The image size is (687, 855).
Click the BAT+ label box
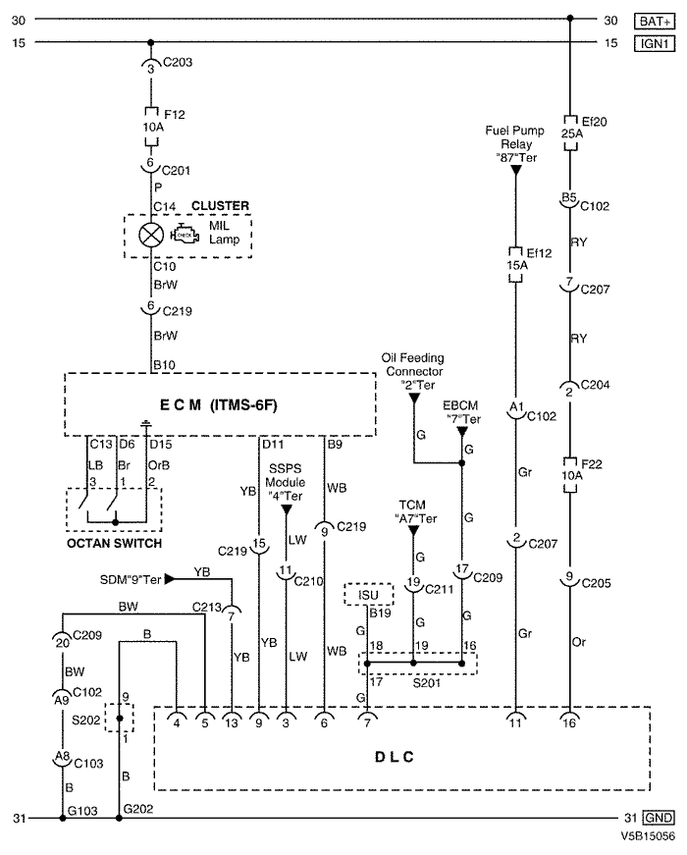[655, 21]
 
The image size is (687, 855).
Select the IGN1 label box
[655, 43]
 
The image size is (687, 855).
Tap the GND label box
[659, 818]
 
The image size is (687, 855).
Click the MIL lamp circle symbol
[151, 235]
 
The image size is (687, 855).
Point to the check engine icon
[185, 235]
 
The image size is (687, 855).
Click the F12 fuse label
[175, 115]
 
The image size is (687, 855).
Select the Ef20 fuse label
[595, 122]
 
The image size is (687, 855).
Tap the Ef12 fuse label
[539, 253]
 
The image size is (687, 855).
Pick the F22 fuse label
[592, 464]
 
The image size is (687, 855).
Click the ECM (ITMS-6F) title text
[218, 405]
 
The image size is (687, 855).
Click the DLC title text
[395, 757]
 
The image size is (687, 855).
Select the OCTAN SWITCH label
[115, 543]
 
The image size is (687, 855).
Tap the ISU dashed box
[369, 594]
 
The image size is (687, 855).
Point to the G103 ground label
[82, 811]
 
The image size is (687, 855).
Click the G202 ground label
[138, 809]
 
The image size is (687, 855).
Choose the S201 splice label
[427, 682]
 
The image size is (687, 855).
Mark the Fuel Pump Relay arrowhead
[515, 171]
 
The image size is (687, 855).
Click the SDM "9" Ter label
[131, 579]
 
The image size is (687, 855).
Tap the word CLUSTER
[220, 205]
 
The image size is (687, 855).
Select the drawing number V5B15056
[647, 836]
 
